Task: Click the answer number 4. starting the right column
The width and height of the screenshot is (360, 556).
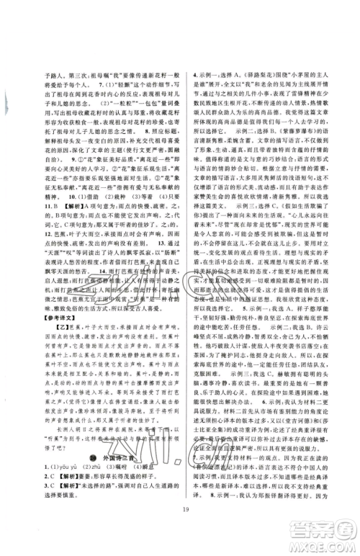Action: [x=192, y=75]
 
